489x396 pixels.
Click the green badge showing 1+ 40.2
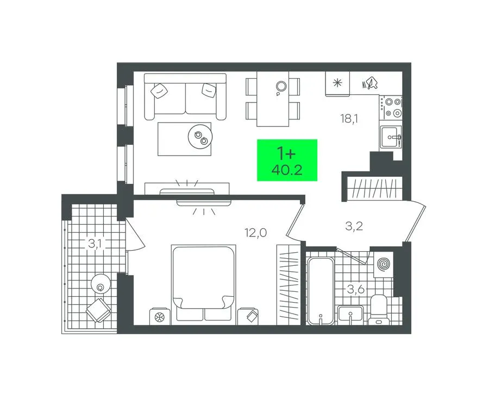pos(287,160)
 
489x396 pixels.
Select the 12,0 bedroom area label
pos(256,233)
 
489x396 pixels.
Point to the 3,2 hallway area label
pos(354,226)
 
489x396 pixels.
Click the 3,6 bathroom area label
pos(356,290)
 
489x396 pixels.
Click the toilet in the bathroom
pos(379,310)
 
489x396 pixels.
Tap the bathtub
pos(320,291)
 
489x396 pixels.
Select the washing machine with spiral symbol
pos(384,264)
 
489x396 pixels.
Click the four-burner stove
pos(391,107)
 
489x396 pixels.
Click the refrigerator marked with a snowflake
pos(337,83)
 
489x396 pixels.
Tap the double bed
pos(203,283)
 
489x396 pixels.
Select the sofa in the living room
pos(185,97)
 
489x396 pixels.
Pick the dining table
pos(273,99)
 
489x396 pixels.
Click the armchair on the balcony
pos(98,310)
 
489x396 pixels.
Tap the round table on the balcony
pos(101,283)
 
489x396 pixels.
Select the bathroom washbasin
pos(350,315)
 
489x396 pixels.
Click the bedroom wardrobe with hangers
pos(289,285)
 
